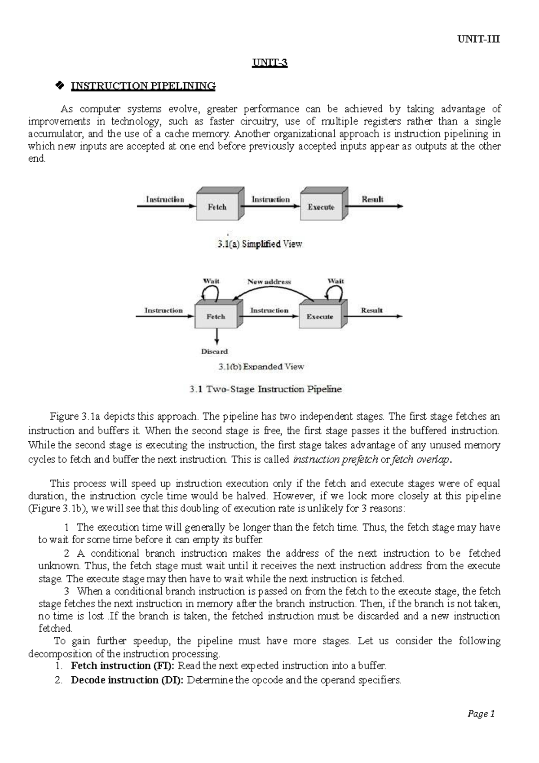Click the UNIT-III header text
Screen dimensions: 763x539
(x=478, y=39)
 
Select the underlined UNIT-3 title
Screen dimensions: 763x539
(x=269, y=63)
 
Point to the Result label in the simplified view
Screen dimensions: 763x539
(x=372, y=199)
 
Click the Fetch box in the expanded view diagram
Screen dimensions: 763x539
(x=216, y=316)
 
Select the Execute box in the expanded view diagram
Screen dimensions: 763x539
(x=320, y=316)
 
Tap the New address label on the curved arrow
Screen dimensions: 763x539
(x=269, y=281)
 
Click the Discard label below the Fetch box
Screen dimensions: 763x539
(x=214, y=351)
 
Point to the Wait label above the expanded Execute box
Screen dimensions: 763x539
(x=336, y=281)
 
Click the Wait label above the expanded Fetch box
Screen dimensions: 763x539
(x=211, y=281)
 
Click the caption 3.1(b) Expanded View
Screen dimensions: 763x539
(x=261, y=366)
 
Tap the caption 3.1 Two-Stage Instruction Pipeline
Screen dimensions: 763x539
(x=265, y=389)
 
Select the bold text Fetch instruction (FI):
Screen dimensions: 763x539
(x=124, y=665)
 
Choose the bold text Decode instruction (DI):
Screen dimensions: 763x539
(x=127, y=680)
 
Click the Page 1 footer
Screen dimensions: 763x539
(x=481, y=714)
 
